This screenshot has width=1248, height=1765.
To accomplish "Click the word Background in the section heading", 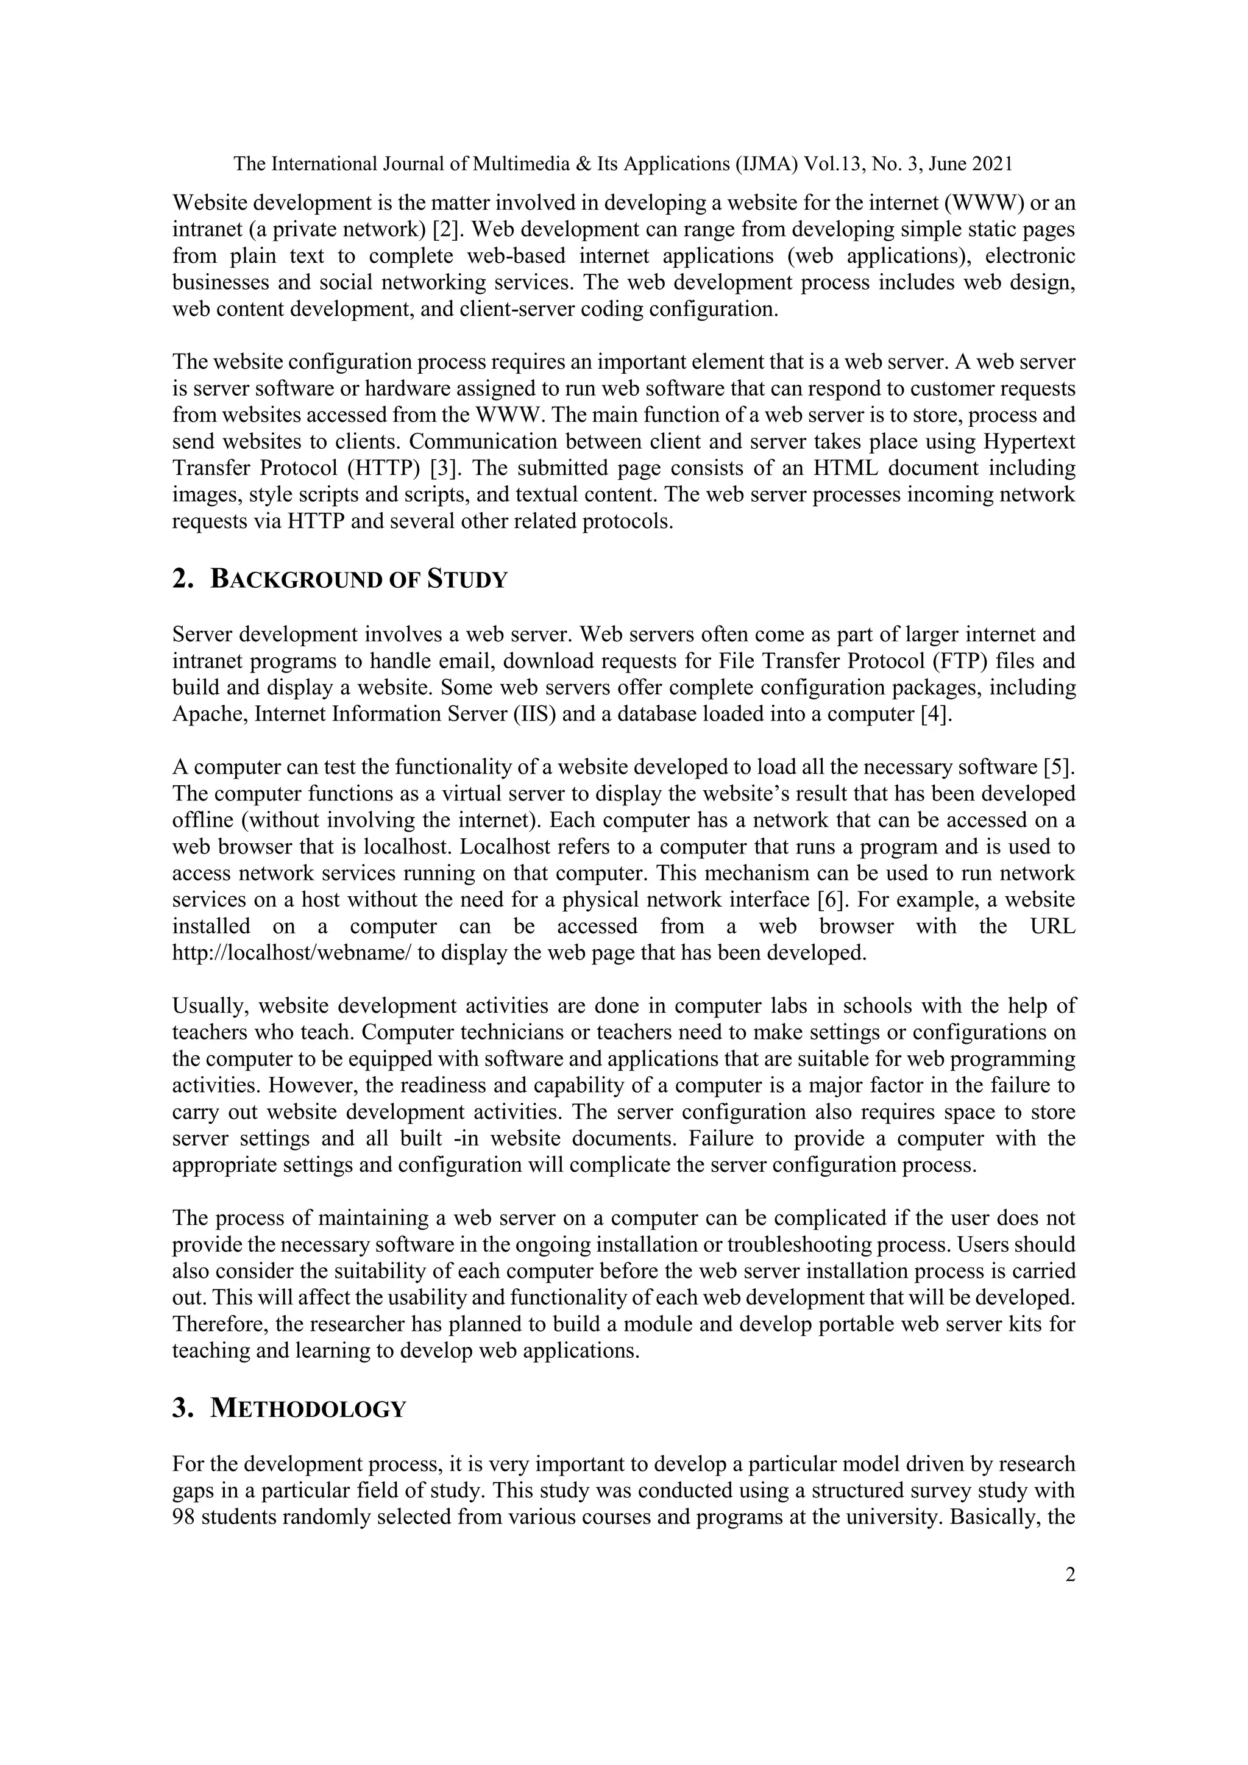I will pyautogui.click(x=296, y=580).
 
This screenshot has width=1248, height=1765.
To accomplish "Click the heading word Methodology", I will pyautogui.click(x=307, y=1409).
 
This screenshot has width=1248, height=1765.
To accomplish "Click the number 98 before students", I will pyautogui.click(x=185, y=1518).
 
